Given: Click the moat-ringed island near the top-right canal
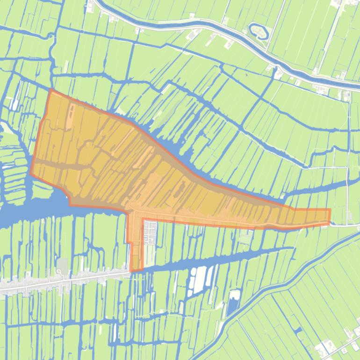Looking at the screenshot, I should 259,31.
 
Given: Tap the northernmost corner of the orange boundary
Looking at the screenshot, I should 50,89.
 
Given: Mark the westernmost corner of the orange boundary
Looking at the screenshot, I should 31,173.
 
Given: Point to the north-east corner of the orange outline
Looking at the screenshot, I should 330,209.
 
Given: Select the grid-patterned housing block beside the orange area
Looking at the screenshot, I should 150,232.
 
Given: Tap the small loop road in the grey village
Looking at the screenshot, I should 59,271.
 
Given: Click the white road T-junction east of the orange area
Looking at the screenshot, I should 347,225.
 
